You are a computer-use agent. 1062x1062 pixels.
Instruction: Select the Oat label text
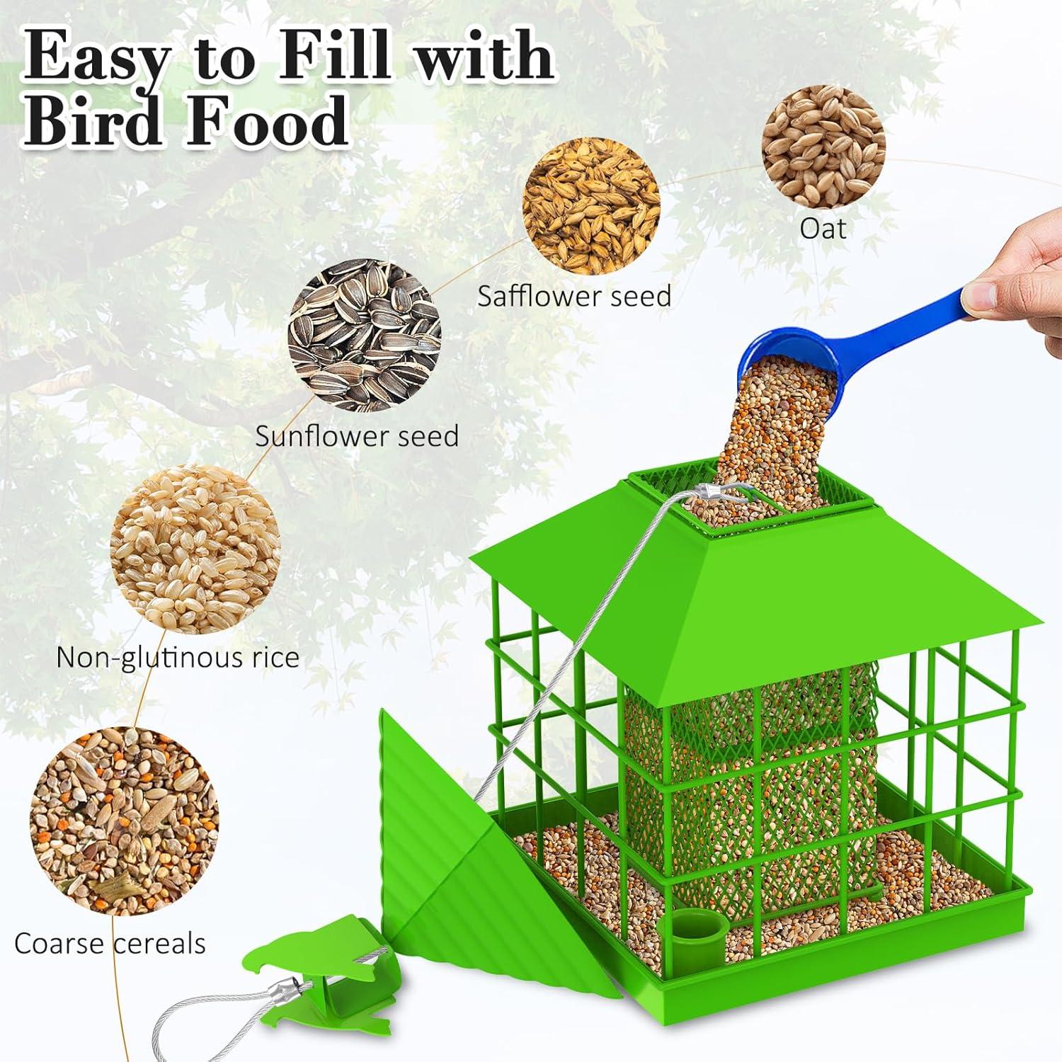pos(823,229)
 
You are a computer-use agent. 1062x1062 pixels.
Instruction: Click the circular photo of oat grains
pos(823,147)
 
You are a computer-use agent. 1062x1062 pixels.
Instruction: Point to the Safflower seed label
pos(574,296)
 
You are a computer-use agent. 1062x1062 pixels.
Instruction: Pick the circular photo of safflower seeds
pos(591,206)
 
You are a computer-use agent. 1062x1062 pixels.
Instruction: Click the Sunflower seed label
pos(357,436)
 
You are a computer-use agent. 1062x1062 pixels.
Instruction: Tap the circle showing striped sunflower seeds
pos(365,335)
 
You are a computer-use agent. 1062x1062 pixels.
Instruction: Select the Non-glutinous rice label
pos(178,657)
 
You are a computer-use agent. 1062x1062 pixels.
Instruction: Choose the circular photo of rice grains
pos(195,550)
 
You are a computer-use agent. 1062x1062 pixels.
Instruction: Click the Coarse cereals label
pos(110,944)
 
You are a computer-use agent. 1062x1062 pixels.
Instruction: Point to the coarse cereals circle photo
pos(124,821)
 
